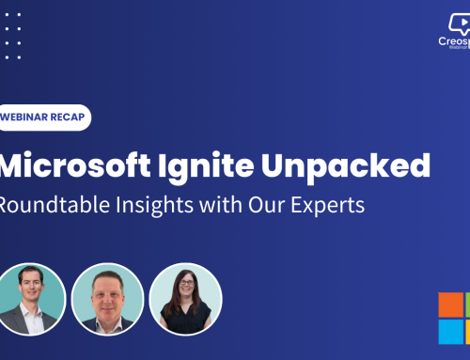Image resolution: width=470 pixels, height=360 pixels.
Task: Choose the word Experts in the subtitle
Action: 325,206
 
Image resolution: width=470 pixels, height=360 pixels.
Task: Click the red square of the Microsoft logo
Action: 450,305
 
